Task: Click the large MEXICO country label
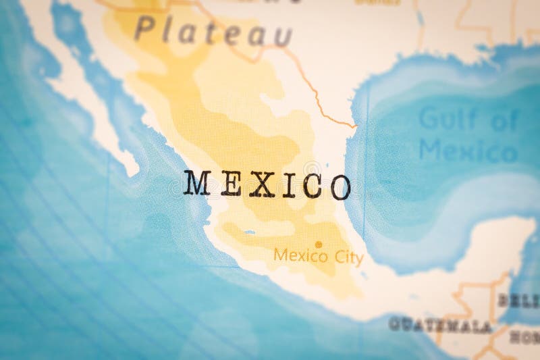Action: click(267, 184)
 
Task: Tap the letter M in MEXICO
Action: click(197, 182)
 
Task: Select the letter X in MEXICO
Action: click(261, 184)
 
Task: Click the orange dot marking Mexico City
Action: click(318, 245)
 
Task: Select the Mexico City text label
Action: click(318, 257)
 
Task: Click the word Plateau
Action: click(213, 30)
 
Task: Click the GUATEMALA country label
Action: click(440, 325)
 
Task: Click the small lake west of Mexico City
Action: click(250, 232)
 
